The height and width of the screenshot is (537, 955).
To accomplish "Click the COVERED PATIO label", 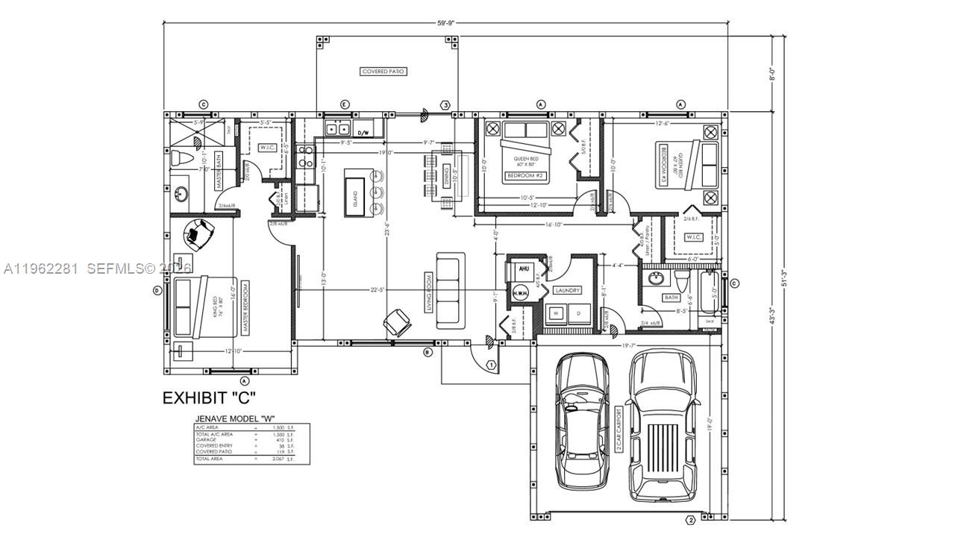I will click(x=383, y=72).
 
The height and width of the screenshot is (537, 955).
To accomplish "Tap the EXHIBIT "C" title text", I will click(x=210, y=398).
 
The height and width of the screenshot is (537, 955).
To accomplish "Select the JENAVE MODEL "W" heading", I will click(x=232, y=418).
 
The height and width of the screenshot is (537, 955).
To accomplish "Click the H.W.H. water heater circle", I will click(x=520, y=294).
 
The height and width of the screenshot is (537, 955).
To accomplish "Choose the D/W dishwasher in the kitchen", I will click(x=363, y=132).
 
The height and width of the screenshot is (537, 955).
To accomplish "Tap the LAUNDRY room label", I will click(x=567, y=291).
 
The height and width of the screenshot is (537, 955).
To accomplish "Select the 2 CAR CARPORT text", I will click(x=619, y=427).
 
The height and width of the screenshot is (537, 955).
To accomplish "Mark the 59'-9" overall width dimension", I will click(x=445, y=23).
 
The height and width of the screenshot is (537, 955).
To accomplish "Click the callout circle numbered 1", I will click(x=491, y=365).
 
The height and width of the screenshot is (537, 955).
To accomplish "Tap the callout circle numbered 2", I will click(x=690, y=520).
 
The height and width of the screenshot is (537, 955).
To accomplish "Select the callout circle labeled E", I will click(x=344, y=104).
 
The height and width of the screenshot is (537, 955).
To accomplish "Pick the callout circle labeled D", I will click(x=157, y=289).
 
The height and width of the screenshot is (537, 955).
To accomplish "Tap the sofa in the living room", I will click(x=450, y=291).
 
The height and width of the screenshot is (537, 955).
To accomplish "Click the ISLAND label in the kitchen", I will click(x=354, y=197).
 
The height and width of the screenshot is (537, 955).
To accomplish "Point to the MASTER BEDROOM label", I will click(x=245, y=307).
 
